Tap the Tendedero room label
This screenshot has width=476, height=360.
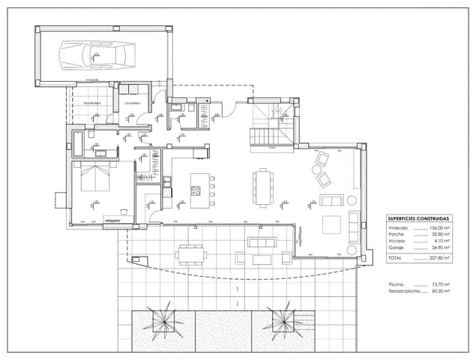[92, 102]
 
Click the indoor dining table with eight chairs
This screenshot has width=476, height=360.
[262, 186]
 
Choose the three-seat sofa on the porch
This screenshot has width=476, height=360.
[262, 242]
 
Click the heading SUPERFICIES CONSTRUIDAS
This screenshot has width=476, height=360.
[419, 218]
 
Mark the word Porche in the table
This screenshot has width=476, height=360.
[397, 234]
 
